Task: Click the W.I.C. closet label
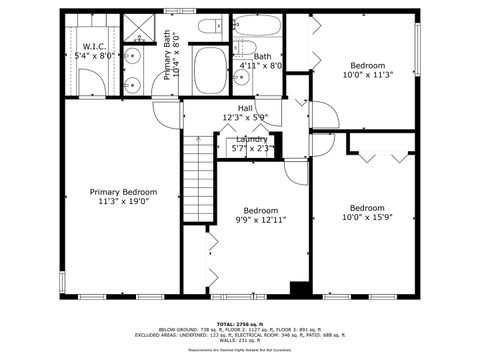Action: [95, 46]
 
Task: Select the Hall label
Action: [245, 108]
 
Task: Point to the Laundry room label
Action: [251, 138]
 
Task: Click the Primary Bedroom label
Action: [123, 192]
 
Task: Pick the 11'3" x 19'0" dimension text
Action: [123, 202]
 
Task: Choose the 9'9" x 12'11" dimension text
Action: [261, 220]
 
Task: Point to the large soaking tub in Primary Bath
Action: [211, 72]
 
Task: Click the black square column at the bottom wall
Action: [298, 289]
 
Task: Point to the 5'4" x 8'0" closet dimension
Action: [95, 56]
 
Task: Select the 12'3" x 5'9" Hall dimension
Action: [246, 118]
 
